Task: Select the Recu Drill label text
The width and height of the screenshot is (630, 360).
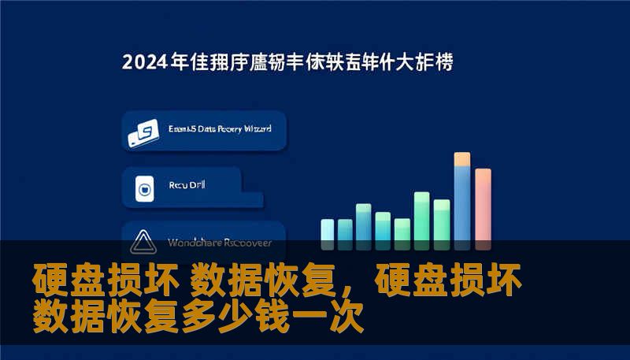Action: (185, 186)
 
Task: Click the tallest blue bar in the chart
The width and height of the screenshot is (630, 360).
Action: (462, 201)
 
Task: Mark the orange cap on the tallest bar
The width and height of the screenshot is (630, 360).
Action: (462, 159)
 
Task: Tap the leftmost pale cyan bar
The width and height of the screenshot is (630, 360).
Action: (328, 229)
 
